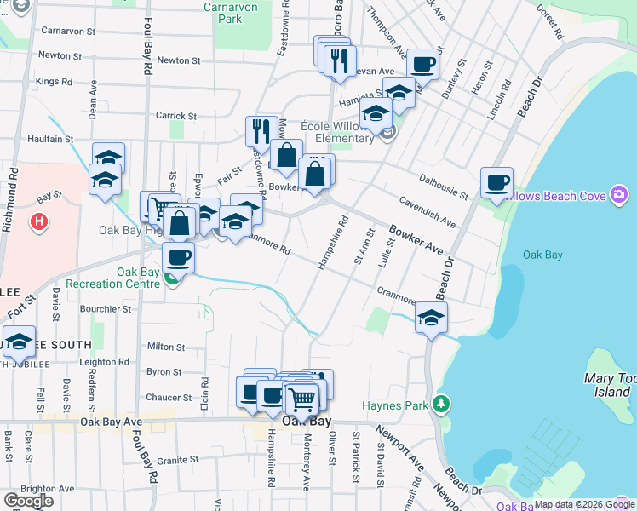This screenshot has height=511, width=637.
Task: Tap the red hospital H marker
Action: [x=37, y=223]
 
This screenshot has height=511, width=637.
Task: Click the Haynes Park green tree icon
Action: [x=440, y=402]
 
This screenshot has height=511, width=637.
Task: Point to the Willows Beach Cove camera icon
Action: [x=619, y=196]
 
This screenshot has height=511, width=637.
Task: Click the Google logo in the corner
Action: [x=28, y=500]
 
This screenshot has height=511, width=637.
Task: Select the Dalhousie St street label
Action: [x=443, y=187]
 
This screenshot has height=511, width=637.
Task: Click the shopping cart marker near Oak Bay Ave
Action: [x=301, y=398]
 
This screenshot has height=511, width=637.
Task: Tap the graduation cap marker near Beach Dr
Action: [x=432, y=318]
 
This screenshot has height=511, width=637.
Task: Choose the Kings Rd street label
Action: [x=54, y=81]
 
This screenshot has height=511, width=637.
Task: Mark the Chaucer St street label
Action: [x=169, y=398]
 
